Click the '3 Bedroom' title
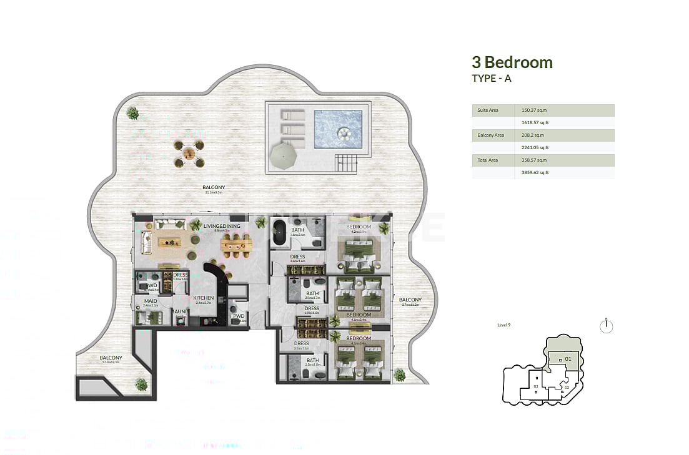click(x=512, y=62)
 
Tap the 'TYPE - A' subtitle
click(x=492, y=78)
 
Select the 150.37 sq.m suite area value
click(x=534, y=110)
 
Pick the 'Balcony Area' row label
click(x=490, y=135)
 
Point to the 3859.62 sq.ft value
click(x=535, y=172)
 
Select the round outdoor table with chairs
click(x=189, y=154)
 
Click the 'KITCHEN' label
click(x=204, y=298)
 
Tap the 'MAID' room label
click(x=150, y=301)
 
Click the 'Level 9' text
click(x=504, y=325)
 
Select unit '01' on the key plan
click(x=567, y=359)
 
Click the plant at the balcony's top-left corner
click(x=132, y=113)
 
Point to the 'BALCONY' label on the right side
click(x=410, y=300)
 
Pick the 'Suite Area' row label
click(x=488, y=110)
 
